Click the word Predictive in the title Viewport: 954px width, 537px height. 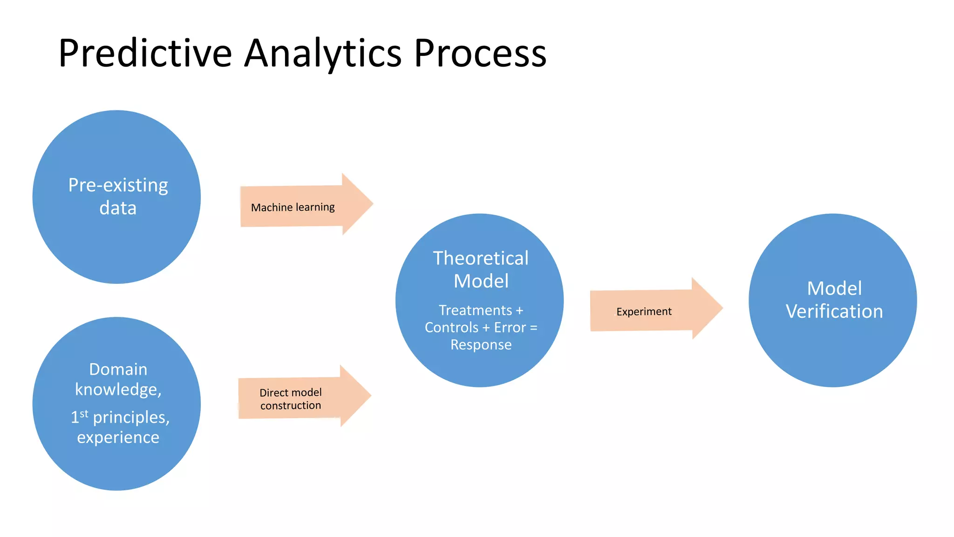point(145,53)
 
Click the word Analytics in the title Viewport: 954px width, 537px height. point(322,53)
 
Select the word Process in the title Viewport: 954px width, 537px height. point(480,53)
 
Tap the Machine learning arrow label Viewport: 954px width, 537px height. point(293,207)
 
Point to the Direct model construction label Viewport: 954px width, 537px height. point(291,399)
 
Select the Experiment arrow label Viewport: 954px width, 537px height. point(644,311)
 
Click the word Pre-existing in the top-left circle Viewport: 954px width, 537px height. point(118,186)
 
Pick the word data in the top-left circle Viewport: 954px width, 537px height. point(118,208)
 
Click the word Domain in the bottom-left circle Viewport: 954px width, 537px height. point(118,369)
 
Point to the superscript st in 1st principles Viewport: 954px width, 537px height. point(84,413)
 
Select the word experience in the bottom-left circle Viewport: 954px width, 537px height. point(118,437)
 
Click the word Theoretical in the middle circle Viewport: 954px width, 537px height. point(481,258)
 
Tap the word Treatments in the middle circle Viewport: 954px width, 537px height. point(475,310)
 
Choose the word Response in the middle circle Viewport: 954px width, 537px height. point(481,345)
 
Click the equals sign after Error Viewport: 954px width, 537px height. point(533,328)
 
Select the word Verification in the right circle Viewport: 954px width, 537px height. point(834,311)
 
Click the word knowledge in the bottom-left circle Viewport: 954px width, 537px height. point(116,390)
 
